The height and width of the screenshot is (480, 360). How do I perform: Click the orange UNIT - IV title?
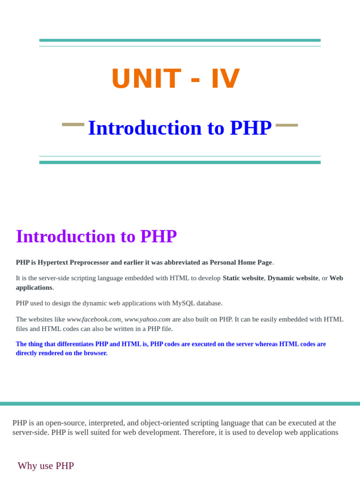tap(176, 79)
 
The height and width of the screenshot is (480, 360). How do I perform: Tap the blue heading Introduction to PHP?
tap(180, 128)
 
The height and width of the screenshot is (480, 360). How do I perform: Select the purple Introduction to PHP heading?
tap(96, 236)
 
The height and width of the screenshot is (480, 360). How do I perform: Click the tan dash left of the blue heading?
tap(73, 125)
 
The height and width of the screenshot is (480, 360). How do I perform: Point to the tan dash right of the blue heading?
tap(286, 125)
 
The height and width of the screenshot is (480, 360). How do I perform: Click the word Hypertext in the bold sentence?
tap(53, 262)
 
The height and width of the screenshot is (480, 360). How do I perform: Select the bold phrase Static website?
tap(243, 278)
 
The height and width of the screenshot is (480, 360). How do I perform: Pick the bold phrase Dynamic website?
tap(292, 278)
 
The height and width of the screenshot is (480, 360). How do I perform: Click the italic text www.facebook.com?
tap(94, 319)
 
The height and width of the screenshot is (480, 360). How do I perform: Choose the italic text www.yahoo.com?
tap(147, 319)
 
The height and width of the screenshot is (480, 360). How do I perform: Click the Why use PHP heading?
tap(45, 466)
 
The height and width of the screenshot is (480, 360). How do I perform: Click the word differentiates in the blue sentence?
tap(75, 344)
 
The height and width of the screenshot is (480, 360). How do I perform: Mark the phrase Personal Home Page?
tap(240, 262)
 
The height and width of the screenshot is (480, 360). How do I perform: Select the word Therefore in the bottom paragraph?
tap(199, 432)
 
